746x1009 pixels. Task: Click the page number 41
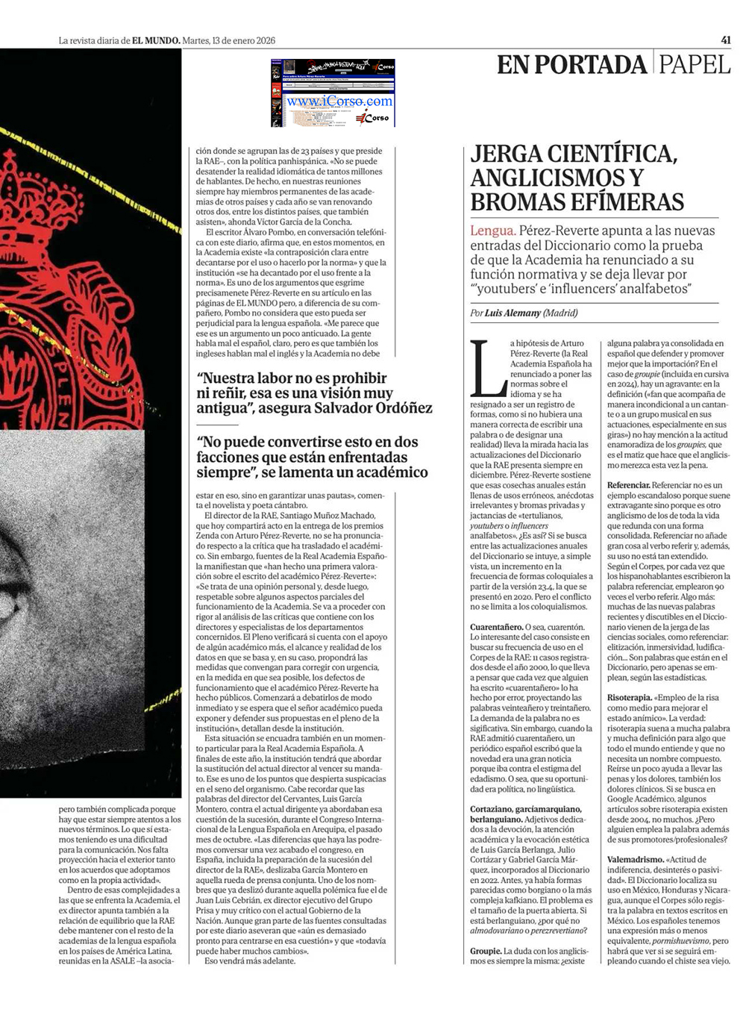click(x=726, y=40)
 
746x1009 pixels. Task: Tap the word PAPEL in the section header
click(x=695, y=64)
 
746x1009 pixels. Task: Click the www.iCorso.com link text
click(x=339, y=101)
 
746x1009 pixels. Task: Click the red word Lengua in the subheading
click(x=492, y=231)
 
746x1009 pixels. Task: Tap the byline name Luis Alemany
click(x=513, y=313)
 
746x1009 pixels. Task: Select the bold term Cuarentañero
click(x=495, y=627)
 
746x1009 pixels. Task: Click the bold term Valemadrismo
click(x=635, y=860)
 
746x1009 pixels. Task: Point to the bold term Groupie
click(x=485, y=951)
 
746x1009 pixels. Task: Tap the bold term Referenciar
click(x=629, y=485)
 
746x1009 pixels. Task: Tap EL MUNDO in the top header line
click(x=156, y=40)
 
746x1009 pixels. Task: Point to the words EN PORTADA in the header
click(x=571, y=64)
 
